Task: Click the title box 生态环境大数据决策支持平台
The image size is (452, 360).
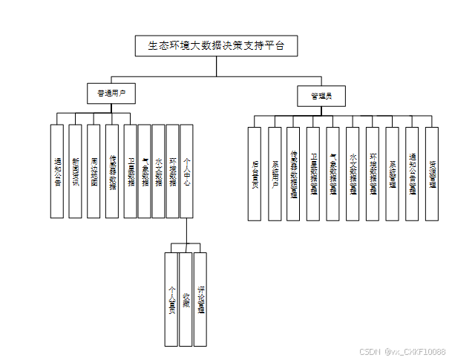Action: click(216, 46)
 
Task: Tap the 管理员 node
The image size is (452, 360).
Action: click(321, 96)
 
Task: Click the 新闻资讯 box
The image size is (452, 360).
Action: click(75, 171)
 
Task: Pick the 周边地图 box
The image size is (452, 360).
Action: click(93, 171)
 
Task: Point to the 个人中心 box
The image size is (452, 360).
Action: click(187, 171)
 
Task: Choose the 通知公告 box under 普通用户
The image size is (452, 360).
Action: click(57, 171)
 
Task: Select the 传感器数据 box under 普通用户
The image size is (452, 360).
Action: click(112, 171)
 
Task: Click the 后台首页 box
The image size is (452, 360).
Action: click(255, 174)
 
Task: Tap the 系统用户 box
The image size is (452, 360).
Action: click(275, 174)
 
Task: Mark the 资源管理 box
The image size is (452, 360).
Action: click(432, 174)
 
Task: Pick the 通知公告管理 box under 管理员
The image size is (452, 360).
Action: click(413, 174)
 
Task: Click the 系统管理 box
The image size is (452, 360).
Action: click(393, 174)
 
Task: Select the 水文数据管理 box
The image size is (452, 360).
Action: click(353, 174)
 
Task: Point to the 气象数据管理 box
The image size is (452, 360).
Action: click(334, 174)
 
